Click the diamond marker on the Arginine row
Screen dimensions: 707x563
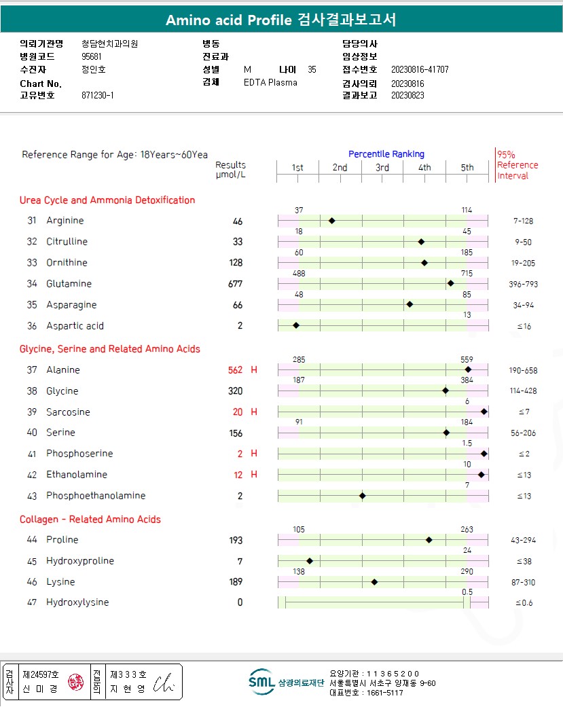tap(332, 221)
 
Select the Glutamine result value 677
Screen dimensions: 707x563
tap(236, 284)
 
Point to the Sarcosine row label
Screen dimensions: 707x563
tap(68, 412)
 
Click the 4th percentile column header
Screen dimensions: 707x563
tap(424, 168)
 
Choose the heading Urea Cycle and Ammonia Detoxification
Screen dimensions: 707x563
tap(107, 200)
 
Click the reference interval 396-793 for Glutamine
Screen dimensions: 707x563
tap(524, 284)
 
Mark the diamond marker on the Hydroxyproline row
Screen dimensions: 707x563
tap(310, 561)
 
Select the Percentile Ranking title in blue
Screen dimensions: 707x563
tap(386, 154)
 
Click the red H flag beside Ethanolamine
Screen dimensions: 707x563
tap(254, 475)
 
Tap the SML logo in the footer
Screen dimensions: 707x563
tap(261, 682)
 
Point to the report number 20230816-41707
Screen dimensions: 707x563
tap(420, 70)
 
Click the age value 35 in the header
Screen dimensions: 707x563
tap(312, 69)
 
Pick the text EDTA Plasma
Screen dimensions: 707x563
tap(270, 83)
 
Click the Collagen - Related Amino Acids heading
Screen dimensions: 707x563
tap(90, 520)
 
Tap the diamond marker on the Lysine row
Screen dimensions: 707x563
tap(374, 582)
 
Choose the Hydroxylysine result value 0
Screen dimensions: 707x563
tap(240, 602)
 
